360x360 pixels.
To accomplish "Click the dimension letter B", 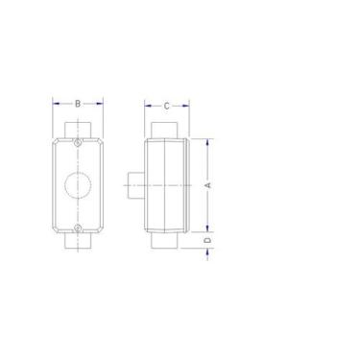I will point(78,103).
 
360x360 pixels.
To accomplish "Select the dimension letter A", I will point(209,184).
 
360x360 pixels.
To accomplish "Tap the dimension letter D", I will point(209,240).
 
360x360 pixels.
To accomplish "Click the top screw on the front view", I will point(78,143).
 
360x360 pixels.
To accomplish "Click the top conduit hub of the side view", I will point(162,129).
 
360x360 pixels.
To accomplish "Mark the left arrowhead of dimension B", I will point(55,103).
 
